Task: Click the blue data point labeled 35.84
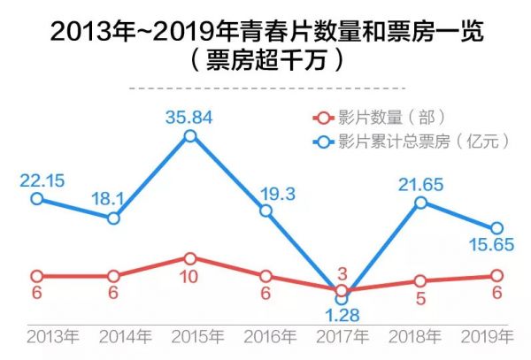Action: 190,135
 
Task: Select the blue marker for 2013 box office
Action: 36,199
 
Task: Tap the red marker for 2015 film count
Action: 190,258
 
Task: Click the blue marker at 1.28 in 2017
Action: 342,298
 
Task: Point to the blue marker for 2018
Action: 420,203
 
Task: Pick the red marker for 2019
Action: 496,276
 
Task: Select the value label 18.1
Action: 112,197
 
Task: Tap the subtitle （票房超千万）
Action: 265,64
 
